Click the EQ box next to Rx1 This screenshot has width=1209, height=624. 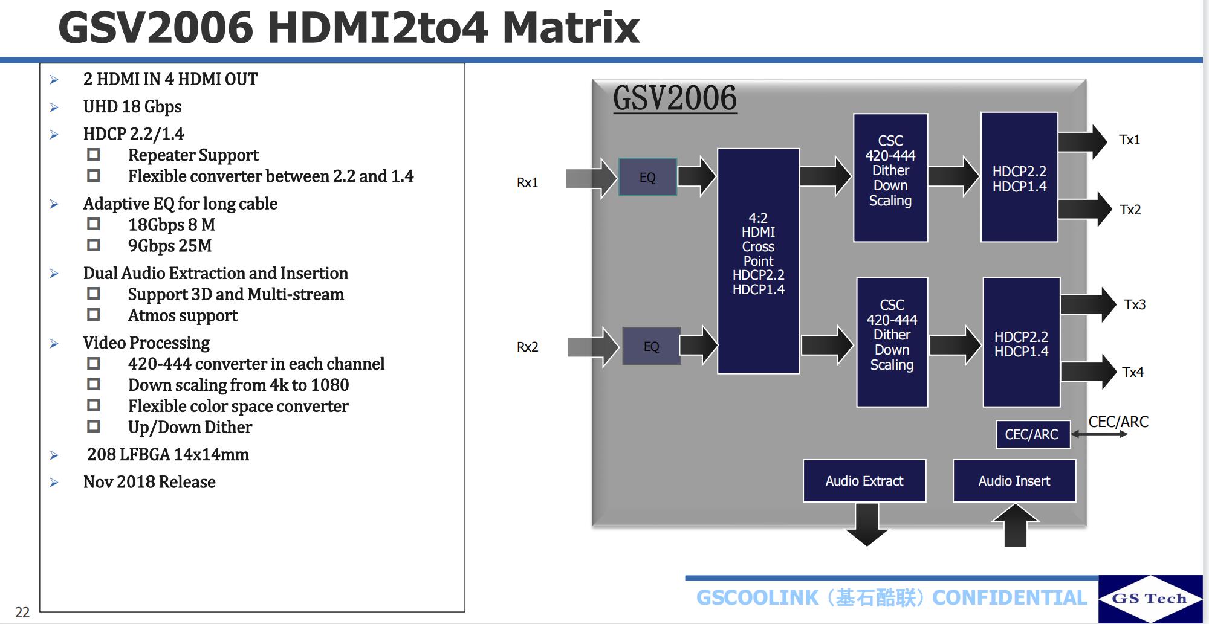(647, 177)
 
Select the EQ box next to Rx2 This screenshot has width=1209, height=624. (651, 346)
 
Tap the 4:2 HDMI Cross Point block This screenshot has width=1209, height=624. (758, 260)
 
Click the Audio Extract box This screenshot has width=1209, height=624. (864, 481)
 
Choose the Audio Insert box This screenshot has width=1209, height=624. (1014, 481)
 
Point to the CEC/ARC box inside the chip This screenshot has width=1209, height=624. (1032, 434)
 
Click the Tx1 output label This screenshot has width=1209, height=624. (1129, 140)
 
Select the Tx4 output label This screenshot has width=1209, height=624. (1133, 372)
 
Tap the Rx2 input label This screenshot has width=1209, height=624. (527, 347)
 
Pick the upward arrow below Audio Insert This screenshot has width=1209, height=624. (1016, 525)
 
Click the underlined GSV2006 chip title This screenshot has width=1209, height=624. (675, 98)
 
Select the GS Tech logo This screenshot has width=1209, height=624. (1150, 598)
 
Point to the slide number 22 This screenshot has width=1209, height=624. (22, 612)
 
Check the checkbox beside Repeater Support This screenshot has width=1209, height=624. (94, 155)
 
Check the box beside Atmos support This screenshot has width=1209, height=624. (94, 315)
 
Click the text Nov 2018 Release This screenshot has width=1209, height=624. (149, 482)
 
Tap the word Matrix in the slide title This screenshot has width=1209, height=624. (571, 28)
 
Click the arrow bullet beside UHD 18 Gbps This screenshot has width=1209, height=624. (54, 108)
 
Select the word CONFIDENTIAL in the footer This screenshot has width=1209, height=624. (1010, 597)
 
